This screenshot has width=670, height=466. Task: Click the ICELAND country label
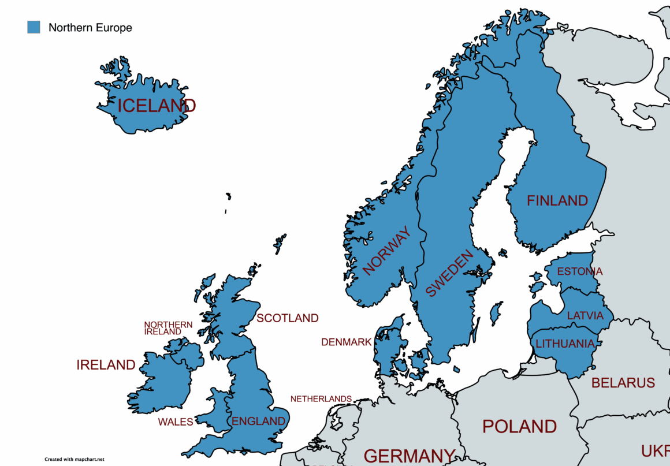157,106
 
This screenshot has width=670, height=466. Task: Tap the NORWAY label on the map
387,251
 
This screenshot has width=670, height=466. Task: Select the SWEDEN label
450,273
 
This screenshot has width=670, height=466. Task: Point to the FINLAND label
557,201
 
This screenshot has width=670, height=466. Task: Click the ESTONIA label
579,271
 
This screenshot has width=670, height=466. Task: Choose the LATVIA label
585,316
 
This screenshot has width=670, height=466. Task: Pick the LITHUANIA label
565,344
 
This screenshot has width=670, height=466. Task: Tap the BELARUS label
623,383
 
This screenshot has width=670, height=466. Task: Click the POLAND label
520,427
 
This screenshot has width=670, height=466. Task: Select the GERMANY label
410,456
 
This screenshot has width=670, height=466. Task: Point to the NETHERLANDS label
321,399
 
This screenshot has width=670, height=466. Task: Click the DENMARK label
347,342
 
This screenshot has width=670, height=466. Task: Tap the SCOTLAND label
288,318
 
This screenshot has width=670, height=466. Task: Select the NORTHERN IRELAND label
168,329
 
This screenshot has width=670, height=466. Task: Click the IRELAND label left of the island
106,365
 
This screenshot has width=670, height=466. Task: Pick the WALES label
176,422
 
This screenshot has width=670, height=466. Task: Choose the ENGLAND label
259,422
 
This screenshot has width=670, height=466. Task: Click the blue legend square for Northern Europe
34,27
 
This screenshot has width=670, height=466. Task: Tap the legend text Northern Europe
90,28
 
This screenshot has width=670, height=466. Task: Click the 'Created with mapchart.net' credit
75,460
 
